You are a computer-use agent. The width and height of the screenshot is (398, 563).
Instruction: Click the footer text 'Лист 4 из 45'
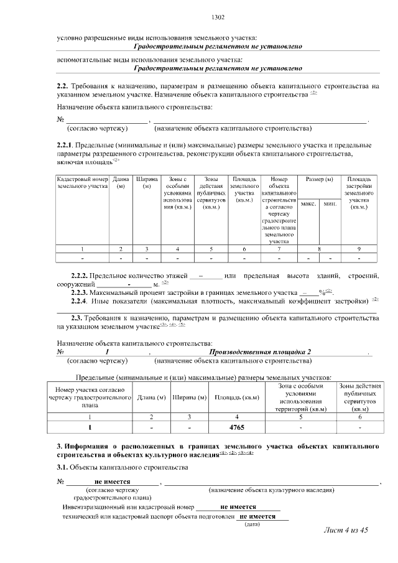[x=347, y=530]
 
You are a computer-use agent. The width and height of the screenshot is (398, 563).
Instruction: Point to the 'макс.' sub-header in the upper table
[x=308, y=203]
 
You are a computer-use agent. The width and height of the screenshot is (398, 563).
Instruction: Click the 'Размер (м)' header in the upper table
[x=319, y=180]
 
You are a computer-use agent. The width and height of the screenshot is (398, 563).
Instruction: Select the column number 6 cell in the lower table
[x=359, y=417]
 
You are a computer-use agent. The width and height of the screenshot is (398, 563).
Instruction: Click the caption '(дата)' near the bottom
[x=252, y=524]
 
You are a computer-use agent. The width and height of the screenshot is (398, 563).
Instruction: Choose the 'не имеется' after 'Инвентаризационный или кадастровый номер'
[x=238, y=507]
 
